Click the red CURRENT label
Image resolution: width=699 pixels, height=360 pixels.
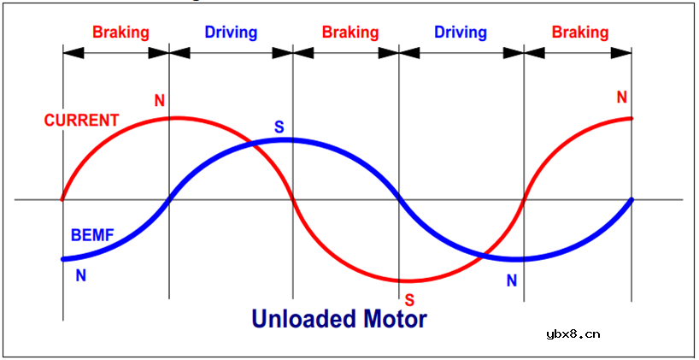point(81,121)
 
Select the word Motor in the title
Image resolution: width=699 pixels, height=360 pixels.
point(394,319)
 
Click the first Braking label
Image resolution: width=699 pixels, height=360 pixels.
point(120,32)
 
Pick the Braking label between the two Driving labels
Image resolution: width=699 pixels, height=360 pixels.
point(350,32)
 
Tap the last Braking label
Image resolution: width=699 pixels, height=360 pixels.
point(580,32)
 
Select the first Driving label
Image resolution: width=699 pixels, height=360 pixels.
point(231,32)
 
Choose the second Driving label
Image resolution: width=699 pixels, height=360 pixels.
point(461,32)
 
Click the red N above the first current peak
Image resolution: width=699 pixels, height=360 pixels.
point(160,101)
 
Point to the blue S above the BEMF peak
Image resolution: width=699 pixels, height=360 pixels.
point(279,127)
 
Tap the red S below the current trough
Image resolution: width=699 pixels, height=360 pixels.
point(409,300)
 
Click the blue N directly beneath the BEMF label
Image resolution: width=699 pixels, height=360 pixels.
point(81,275)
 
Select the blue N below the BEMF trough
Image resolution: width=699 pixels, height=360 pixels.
point(512,280)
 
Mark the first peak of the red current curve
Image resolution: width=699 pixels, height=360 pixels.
point(175,117)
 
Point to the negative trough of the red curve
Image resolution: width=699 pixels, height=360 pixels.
point(408,280)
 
